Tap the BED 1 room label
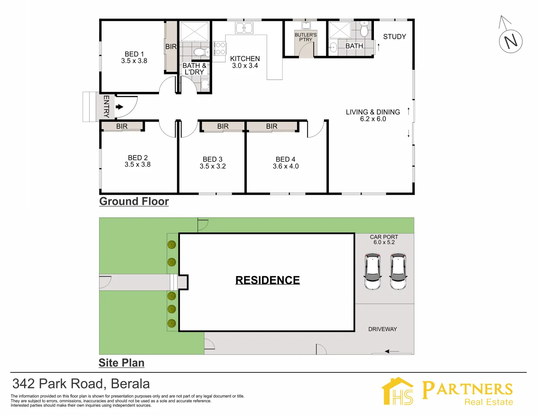(134, 54)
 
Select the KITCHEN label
(245, 59)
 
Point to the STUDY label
(394, 37)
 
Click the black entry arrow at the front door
(120, 107)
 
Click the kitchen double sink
(244, 28)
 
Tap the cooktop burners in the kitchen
(220, 48)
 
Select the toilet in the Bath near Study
(364, 29)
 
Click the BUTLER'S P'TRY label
(306, 37)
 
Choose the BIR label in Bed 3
(223, 126)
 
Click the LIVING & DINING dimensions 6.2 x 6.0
(373, 119)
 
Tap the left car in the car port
(373, 271)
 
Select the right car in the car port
(398, 271)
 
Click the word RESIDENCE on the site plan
(267, 280)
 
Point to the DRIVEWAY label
(382, 329)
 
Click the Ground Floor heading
(134, 201)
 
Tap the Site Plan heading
(121, 363)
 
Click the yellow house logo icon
(398, 391)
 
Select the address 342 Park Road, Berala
(81, 384)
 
